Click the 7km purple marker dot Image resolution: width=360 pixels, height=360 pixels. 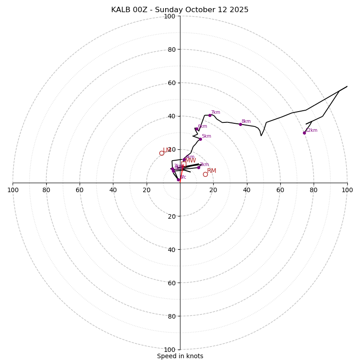210,115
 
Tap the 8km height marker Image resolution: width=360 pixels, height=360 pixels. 240,124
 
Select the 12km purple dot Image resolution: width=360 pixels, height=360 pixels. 304,133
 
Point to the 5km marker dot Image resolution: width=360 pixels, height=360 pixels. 200,139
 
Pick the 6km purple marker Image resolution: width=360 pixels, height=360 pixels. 197,129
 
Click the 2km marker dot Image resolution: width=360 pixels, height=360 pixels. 198,167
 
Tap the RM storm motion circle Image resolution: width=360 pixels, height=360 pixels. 205,174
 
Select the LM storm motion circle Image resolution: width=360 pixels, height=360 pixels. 162,153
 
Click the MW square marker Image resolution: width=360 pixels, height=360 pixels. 184,164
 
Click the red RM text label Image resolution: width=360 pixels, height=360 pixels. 211,171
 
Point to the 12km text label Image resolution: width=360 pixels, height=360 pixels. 311,130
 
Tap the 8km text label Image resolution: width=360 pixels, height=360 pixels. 246,121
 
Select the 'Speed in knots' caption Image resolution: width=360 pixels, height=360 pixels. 180,356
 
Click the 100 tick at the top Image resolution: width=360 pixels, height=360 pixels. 170,17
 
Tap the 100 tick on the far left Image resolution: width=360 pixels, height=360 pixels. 13,190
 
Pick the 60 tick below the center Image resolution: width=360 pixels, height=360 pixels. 170,283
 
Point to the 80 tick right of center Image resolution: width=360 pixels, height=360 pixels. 314,190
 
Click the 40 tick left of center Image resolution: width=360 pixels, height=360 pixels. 113,190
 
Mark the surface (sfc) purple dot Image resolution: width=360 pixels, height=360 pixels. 178,180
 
